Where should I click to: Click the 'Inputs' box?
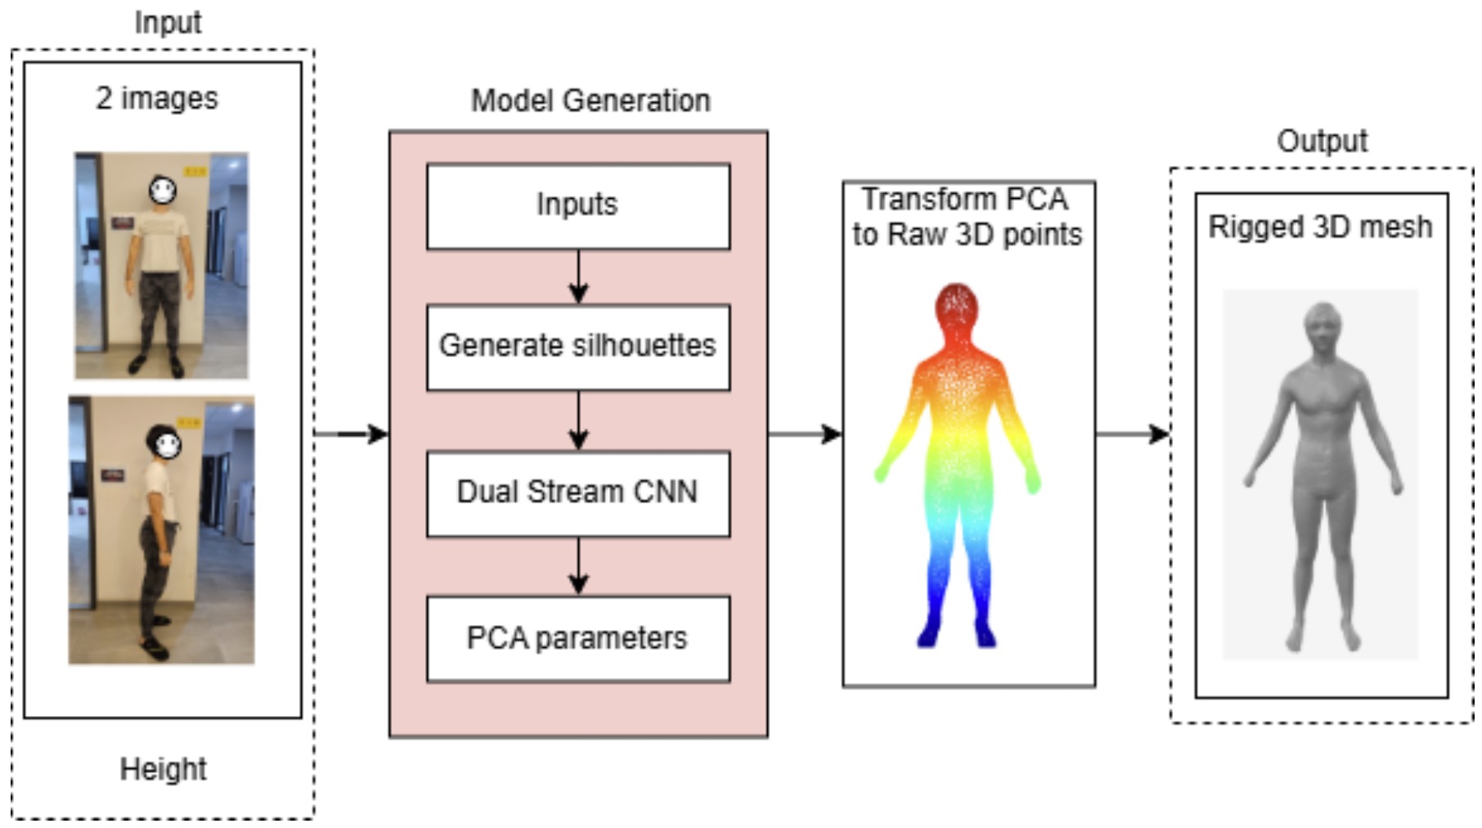coord(577,206)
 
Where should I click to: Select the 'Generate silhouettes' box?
coord(577,347)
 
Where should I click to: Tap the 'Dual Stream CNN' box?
coord(577,493)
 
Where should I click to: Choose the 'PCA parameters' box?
coord(577,638)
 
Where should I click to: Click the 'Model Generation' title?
coord(591,101)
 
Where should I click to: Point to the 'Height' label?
coord(163,769)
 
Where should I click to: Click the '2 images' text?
coord(157,98)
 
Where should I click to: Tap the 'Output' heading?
coord(1322,141)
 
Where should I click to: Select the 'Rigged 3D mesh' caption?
coord(1320,227)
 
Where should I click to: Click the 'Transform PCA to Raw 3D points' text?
coord(967,217)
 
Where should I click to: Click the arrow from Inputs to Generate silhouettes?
coord(578,277)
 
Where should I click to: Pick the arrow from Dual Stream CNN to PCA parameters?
coord(578,566)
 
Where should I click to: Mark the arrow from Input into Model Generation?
coord(352,434)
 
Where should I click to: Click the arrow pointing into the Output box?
coord(1133,434)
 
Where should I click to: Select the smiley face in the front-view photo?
coord(163,191)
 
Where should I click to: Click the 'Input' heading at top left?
coord(168,22)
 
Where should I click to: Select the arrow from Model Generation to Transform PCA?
coord(805,434)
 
